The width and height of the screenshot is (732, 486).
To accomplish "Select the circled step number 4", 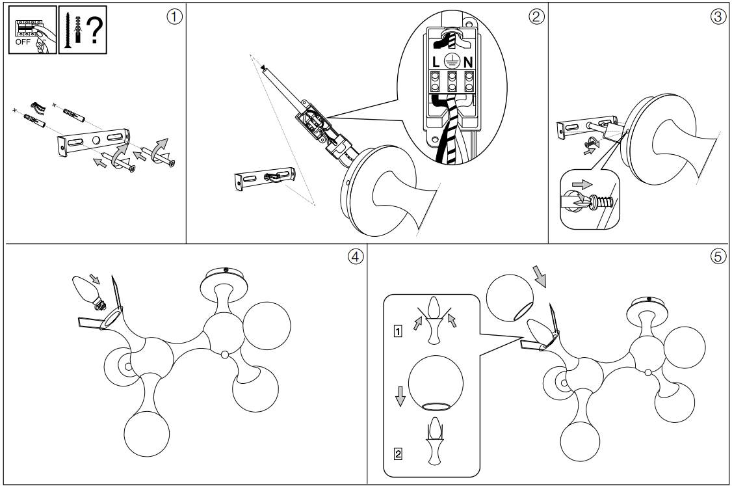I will [x=355, y=256].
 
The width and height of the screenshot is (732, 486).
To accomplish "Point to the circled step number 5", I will [x=718, y=256].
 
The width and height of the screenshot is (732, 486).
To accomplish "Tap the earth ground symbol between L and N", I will [x=452, y=61].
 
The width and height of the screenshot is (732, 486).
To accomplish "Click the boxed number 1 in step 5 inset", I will [x=397, y=329].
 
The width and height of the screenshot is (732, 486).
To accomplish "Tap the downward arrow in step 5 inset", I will [x=400, y=395].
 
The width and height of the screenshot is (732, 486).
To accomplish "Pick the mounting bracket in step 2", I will [x=264, y=177].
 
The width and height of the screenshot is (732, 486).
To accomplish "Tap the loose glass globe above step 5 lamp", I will [x=512, y=296].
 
